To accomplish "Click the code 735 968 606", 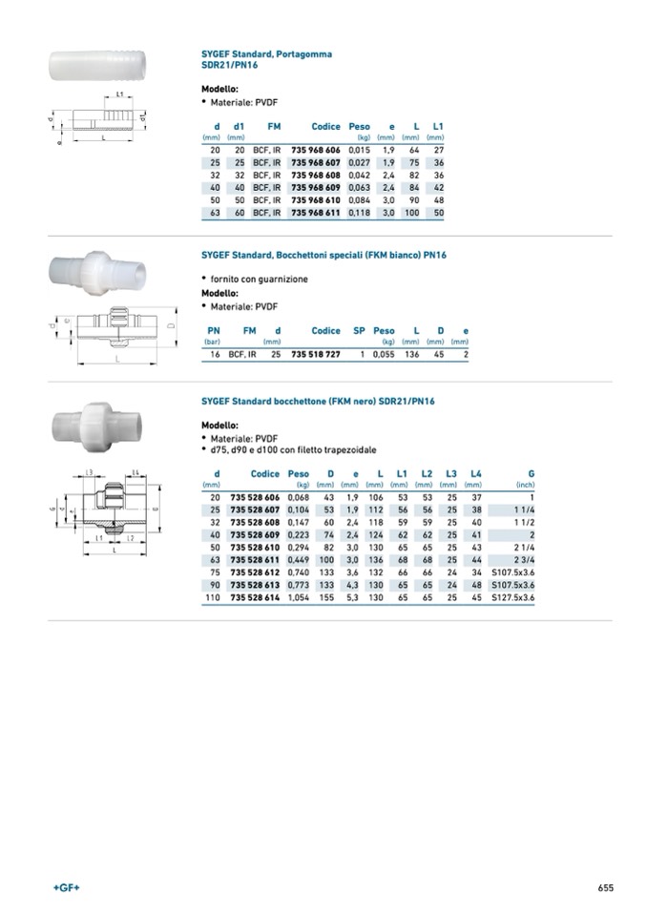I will point(315,151).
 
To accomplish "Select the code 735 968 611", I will point(315,213).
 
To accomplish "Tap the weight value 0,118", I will point(359,213).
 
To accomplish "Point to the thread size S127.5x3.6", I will point(512,597).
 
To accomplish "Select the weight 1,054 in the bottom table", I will point(299,597).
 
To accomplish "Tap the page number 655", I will point(605,887).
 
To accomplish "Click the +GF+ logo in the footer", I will point(67,887).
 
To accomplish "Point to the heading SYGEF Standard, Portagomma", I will point(260,54).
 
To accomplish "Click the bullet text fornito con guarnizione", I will point(258,279).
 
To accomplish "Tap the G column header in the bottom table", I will point(531,474).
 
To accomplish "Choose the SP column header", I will point(359,331).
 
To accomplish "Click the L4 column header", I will point(476,474).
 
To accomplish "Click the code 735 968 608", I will point(315,176).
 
